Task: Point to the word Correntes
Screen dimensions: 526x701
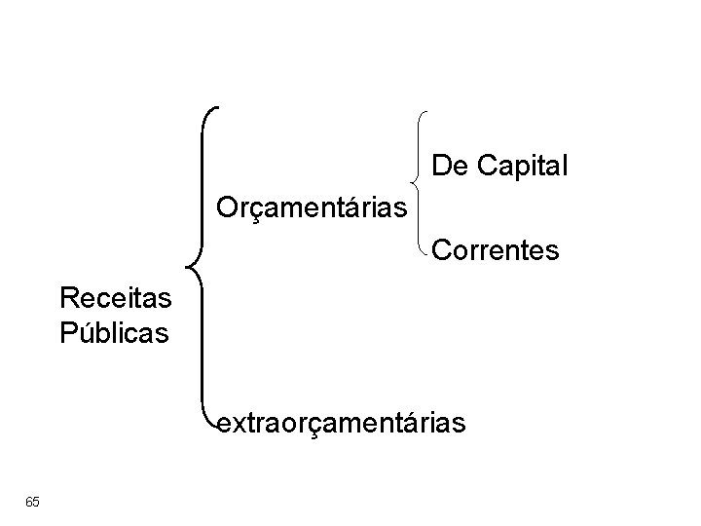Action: pyautogui.click(x=496, y=251)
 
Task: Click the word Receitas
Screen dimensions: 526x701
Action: pyautogui.click(x=115, y=296)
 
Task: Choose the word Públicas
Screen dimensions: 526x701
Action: pyautogui.click(x=115, y=332)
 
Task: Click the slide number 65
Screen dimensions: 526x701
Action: pyautogui.click(x=33, y=501)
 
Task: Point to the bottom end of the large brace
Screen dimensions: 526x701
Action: pyautogui.click(x=218, y=426)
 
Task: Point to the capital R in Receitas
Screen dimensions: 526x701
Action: pyautogui.click(x=70, y=296)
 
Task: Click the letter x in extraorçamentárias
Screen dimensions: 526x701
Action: pyautogui.click(x=240, y=424)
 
